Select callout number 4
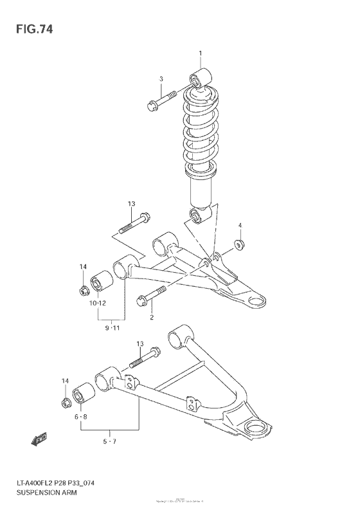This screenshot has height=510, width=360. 239,225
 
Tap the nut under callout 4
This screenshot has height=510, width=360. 239,244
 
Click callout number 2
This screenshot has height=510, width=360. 152,316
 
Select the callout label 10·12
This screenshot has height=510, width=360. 98,304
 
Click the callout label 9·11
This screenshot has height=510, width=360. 112,329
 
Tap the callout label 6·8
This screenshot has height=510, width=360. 82,417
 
